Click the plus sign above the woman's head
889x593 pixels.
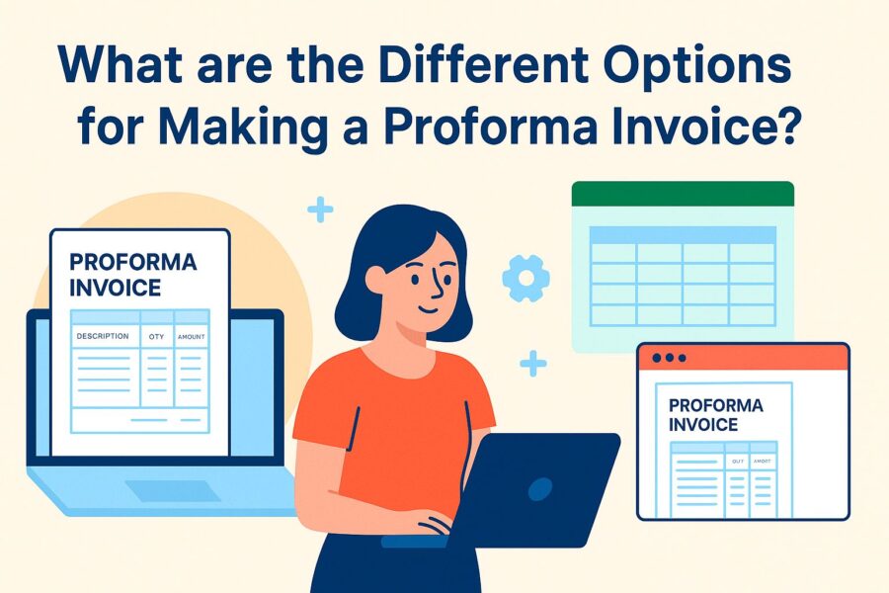pyautogui.click(x=320, y=210)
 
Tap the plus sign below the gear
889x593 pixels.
pyautogui.click(x=532, y=363)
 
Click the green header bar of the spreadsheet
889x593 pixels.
pyautogui.click(x=683, y=194)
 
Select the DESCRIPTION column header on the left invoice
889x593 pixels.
pyautogui.click(x=102, y=337)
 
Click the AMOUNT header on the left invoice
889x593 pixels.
pyautogui.click(x=191, y=338)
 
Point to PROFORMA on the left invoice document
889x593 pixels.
pyautogui.click(x=133, y=263)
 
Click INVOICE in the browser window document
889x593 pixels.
pyautogui.click(x=703, y=425)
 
